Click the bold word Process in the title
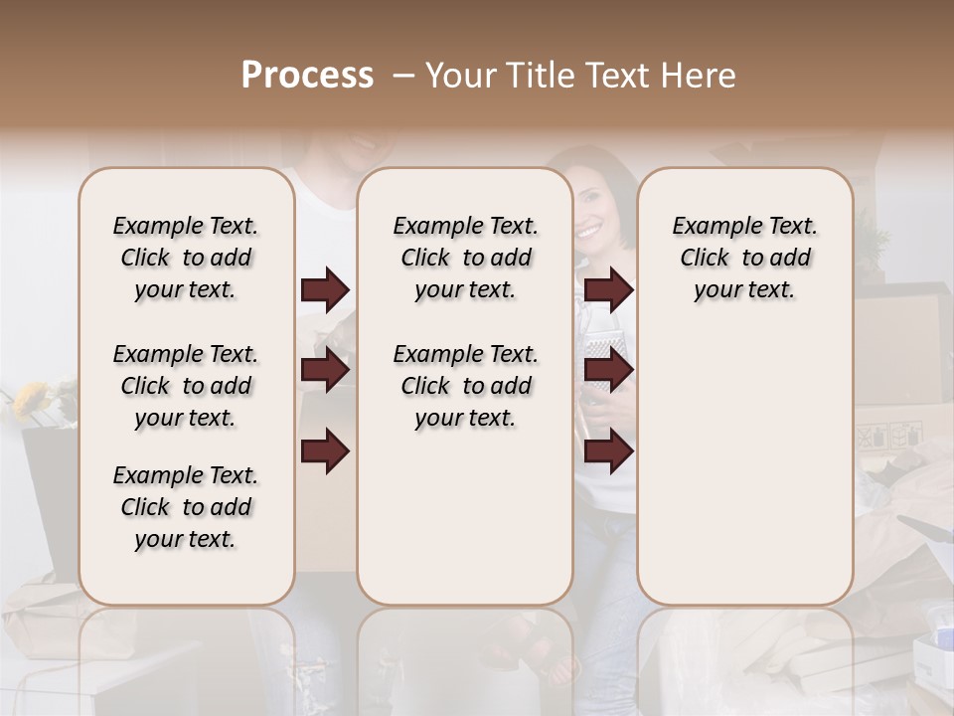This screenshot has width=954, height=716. tap(307, 76)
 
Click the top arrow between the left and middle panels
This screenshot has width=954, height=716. tap(325, 290)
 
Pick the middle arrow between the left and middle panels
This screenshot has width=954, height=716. tap(325, 371)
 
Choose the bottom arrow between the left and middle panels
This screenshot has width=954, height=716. tap(325, 450)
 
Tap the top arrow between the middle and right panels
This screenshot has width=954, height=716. tap(608, 290)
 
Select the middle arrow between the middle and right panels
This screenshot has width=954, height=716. tap(608, 371)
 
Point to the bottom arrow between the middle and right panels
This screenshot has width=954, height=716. tap(608, 450)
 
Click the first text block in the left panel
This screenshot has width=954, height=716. tap(186, 258)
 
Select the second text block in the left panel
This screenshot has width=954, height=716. tap(186, 386)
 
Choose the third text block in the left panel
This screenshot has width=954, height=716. tap(186, 507)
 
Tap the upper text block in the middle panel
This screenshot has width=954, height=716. tap(465, 258)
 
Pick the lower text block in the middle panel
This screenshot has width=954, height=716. tap(465, 386)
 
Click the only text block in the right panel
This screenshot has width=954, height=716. tap(744, 258)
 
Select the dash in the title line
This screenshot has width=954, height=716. tap(403, 76)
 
